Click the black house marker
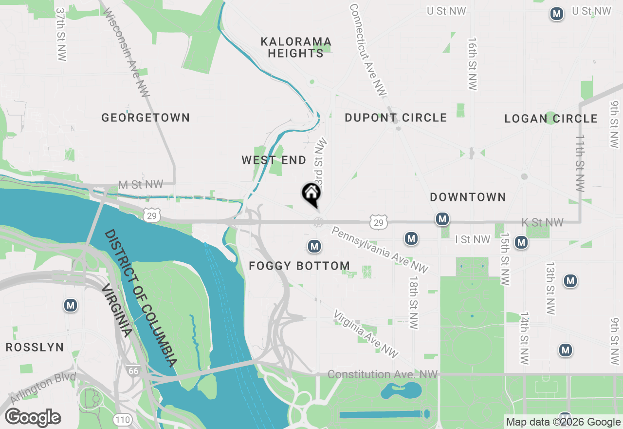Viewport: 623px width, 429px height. tap(311, 194)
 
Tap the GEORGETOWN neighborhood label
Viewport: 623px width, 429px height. tap(146, 117)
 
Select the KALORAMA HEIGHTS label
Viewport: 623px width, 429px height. tap(296, 47)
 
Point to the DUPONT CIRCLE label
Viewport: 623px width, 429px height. tap(396, 117)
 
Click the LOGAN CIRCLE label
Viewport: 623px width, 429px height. tap(551, 118)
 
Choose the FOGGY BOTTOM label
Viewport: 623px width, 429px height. tap(299, 266)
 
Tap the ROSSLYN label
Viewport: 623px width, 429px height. tap(35, 347)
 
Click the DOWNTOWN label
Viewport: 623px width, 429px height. tap(468, 197)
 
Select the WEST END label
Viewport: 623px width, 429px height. tap(274, 160)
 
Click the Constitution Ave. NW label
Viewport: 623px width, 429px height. tap(383, 374)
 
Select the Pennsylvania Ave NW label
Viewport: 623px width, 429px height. tap(380, 249)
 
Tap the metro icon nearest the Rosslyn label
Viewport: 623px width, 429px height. tap(71, 306)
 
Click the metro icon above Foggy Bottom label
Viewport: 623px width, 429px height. tap(314, 246)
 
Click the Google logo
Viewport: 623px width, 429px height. tap(33, 418)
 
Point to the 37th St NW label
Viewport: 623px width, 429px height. tap(60, 34)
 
